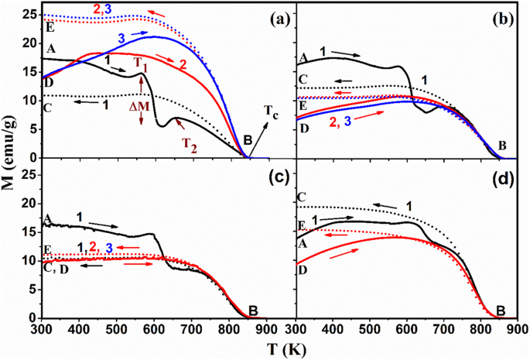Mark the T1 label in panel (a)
[138, 63]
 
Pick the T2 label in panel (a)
[190, 142]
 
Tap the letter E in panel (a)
[50, 26]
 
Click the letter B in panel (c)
[253, 311]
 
